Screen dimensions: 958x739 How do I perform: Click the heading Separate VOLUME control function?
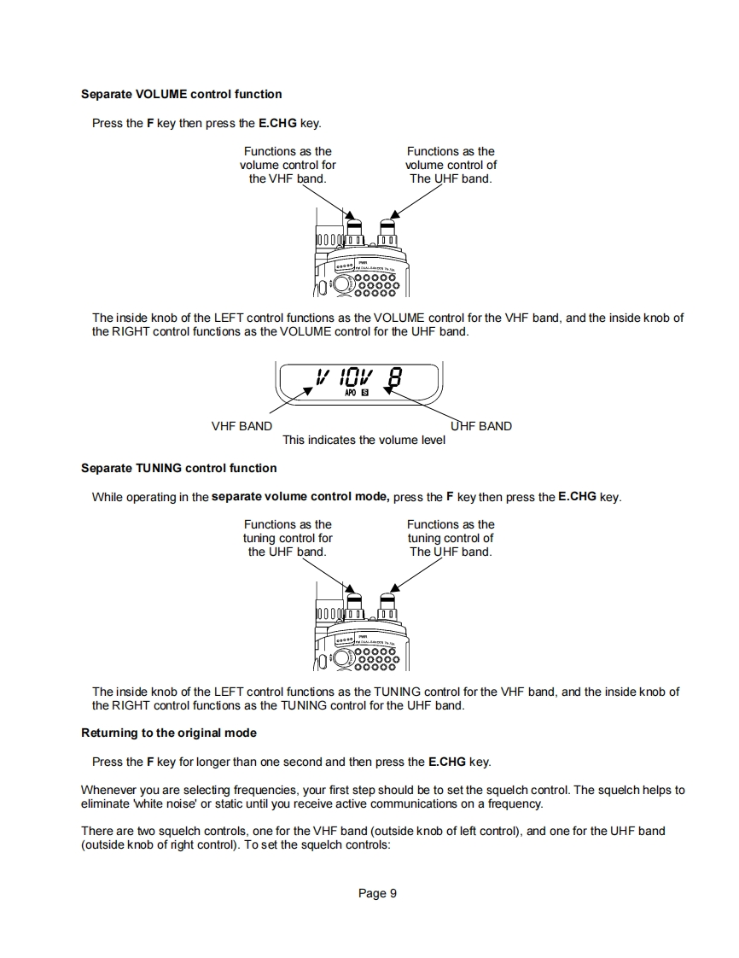tap(181, 94)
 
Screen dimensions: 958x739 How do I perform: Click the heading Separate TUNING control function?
tap(178, 468)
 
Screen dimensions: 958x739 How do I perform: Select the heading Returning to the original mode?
tap(168, 733)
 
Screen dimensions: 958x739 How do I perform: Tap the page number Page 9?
tap(377, 893)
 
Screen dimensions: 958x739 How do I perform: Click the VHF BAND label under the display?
tap(241, 426)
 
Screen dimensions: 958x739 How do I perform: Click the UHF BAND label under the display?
tap(481, 426)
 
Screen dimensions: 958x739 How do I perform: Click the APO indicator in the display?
tap(350, 393)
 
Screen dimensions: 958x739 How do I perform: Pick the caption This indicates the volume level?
tap(364, 440)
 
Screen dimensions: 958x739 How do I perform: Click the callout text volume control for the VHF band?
tap(288, 165)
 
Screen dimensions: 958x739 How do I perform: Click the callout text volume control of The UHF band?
tap(451, 165)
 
